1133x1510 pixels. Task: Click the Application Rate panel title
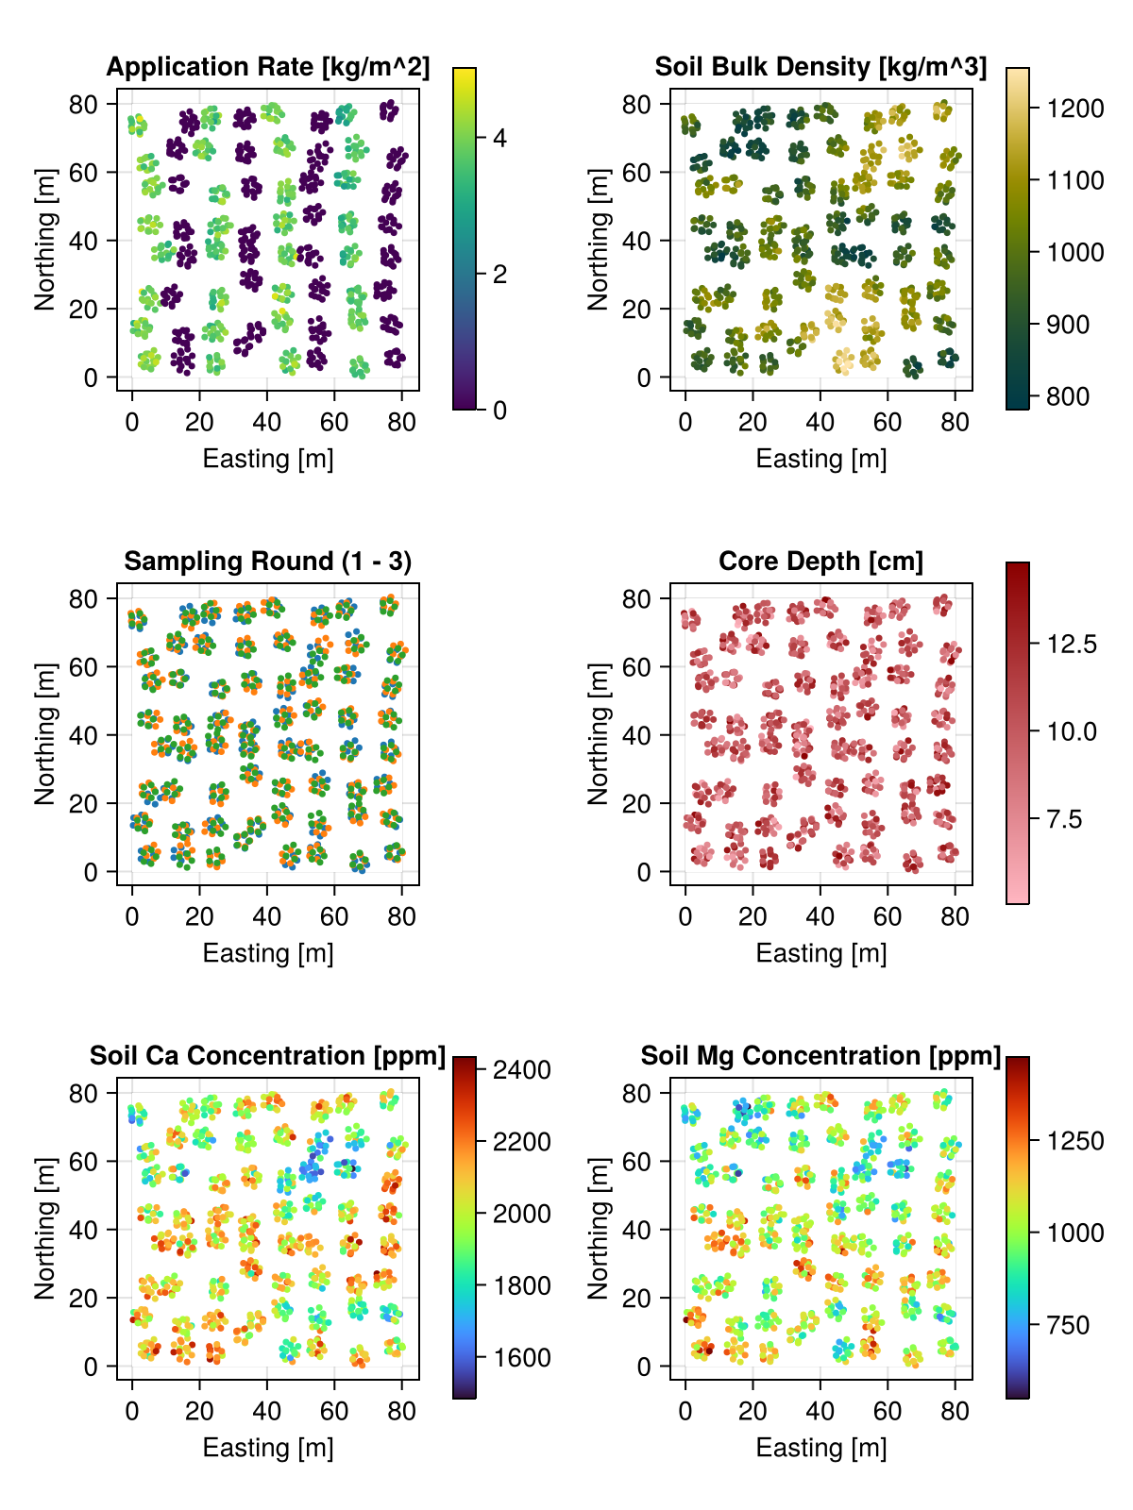click(x=267, y=67)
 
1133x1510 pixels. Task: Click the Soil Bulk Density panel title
click(x=820, y=67)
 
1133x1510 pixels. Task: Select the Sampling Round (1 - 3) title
click(x=267, y=562)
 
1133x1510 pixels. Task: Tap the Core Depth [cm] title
click(x=820, y=562)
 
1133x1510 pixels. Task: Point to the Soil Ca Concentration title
click(x=267, y=1056)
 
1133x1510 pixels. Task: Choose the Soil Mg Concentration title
click(x=820, y=1056)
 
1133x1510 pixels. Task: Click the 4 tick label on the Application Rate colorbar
click(x=499, y=138)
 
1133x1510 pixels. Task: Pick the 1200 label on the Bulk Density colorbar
click(x=1075, y=109)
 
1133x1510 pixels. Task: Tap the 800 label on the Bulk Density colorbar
click(x=1067, y=396)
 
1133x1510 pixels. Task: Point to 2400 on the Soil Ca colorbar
click(x=522, y=1070)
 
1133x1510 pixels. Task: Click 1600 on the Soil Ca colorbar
click(x=522, y=1358)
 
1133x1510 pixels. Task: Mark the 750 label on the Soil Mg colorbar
click(x=1067, y=1325)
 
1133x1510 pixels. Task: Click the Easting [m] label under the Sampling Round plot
click(x=268, y=953)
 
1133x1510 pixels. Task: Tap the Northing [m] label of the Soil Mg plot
click(x=598, y=1227)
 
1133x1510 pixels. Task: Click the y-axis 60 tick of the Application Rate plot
click(x=84, y=173)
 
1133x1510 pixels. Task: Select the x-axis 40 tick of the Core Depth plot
click(x=820, y=917)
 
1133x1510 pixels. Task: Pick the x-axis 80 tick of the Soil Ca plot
click(x=402, y=1412)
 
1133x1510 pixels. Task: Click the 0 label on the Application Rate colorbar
click(x=499, y=411)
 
